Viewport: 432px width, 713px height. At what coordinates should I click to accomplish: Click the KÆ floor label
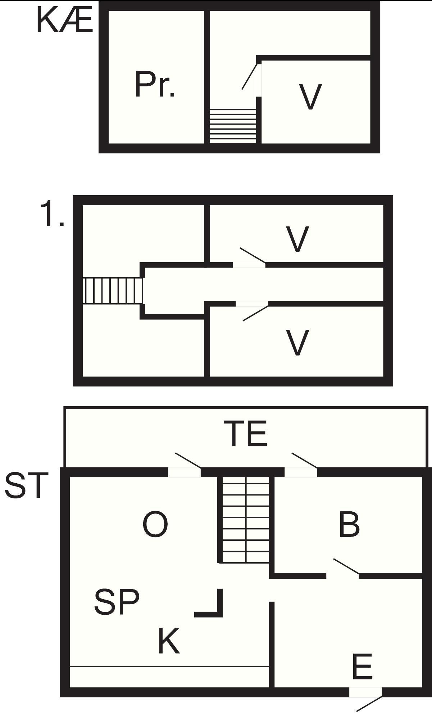click(65, 21)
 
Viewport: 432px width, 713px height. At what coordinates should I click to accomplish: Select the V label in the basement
click(310, 97)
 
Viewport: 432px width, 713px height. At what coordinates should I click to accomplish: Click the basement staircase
click(233, 126)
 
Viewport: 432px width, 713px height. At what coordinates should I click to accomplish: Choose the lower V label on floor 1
click(297, 342)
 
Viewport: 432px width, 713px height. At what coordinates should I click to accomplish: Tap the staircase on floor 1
click(113, 291)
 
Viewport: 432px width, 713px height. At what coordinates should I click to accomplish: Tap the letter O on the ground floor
click(155, 524)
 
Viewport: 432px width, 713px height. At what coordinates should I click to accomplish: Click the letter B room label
click(349, 524)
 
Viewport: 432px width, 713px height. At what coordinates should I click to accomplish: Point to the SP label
click(117, 602)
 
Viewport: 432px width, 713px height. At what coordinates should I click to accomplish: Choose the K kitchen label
click(169, 641)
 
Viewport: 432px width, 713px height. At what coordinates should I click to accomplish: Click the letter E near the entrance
click(362, 667)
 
